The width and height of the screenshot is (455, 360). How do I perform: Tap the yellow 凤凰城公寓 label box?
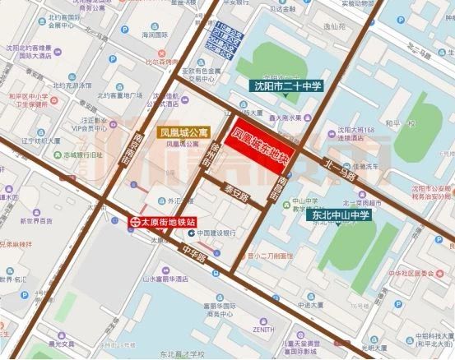coord(181,132)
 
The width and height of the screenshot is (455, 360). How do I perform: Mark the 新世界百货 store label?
coord(34,222)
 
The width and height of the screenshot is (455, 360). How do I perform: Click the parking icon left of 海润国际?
coord(125,30)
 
